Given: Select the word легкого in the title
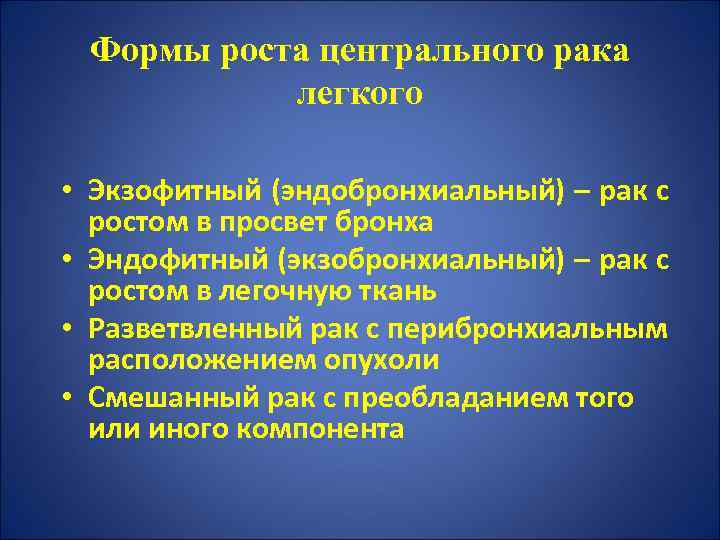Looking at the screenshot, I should click(360, 93).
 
